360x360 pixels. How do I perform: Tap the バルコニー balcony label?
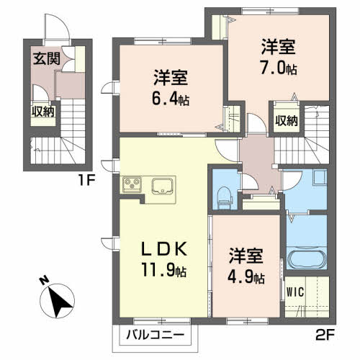(155, 335)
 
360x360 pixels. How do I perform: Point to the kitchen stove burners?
(133, 185)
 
